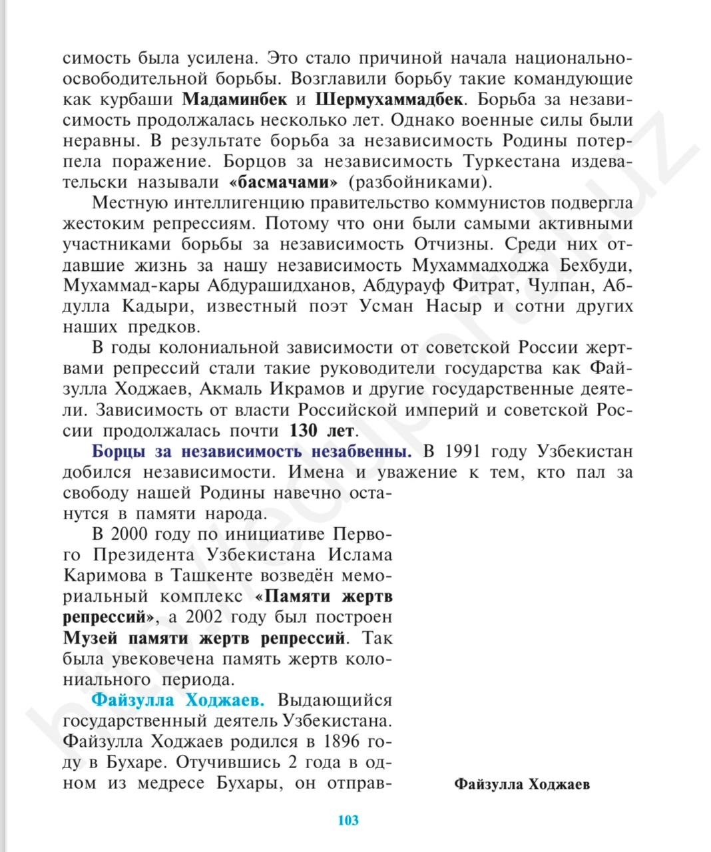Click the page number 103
pos(348,819)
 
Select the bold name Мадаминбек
pos(234,100)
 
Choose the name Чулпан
pos(559,286)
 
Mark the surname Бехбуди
pos(594,266)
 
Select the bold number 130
pos(304,430)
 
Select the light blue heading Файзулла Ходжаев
pos(178,700)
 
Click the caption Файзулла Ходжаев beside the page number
pos(522,784)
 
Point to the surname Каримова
pos(107,576)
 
